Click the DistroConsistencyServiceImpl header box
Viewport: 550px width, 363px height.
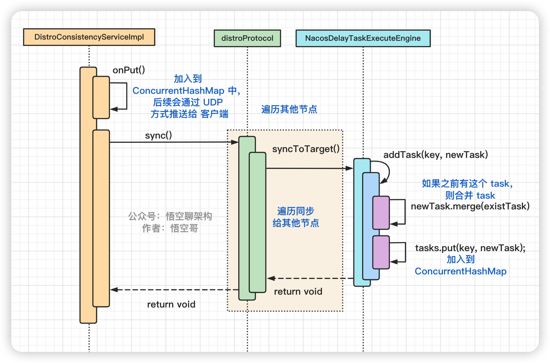pos(89,37)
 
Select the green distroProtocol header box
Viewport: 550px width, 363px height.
pos(247,38)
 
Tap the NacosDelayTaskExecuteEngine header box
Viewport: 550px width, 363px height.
pos(363,38)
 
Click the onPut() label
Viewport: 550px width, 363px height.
pos(129,70)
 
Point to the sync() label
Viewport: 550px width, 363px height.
pos(158,136)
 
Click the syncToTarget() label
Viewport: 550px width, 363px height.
pos(306,149)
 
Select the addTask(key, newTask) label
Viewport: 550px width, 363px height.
pos(435,155)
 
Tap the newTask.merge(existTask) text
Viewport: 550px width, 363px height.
pos(470,206)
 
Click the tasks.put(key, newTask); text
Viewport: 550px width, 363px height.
pos(470,248)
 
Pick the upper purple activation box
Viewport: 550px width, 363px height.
pos(381,213)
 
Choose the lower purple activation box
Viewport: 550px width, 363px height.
pos(381,252)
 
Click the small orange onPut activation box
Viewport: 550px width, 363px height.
pos(101,97)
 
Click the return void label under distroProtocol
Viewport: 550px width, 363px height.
pos(298,292)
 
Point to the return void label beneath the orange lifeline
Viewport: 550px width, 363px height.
pos(171,304)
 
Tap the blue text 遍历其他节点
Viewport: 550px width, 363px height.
pos(289,109)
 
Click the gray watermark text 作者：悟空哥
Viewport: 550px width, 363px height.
pos(170,228)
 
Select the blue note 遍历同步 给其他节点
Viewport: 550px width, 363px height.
pos(296,217)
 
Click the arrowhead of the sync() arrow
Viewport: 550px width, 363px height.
pos(235,142)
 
